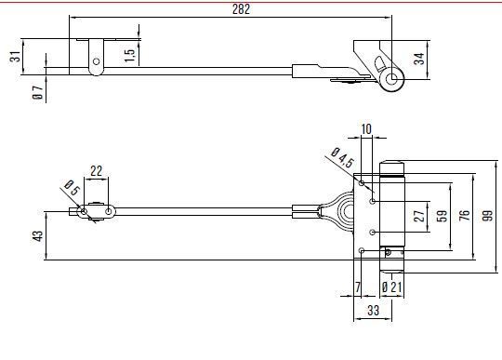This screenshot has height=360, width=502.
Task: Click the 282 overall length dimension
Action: (x=241, y=9)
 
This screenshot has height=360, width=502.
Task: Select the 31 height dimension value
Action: (x=16, y=57)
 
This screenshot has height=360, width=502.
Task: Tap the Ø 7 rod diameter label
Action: (x=38, y=92)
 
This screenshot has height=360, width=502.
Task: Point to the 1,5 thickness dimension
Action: (x=129, y=56)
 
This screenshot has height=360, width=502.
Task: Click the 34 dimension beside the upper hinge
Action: (x=419, y=59)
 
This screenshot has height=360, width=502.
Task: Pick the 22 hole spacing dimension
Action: (x=96, y=171)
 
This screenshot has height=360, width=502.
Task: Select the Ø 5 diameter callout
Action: (x=72, y=188)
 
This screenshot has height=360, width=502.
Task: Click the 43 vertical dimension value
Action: (x=38, y=236)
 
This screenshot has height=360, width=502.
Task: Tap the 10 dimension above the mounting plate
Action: (x=366, y=129)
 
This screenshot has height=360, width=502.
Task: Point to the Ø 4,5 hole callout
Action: (x=342, y=157)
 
